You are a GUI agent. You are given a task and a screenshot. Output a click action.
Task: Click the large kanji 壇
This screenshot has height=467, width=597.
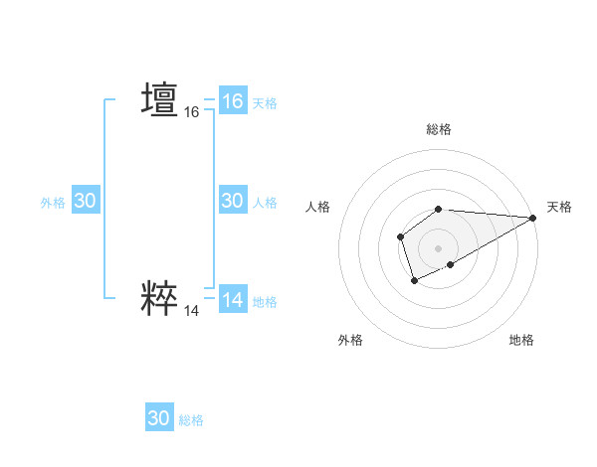tap(159, 99)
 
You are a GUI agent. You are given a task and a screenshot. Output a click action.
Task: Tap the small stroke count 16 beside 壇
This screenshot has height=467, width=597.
tap(191, 113)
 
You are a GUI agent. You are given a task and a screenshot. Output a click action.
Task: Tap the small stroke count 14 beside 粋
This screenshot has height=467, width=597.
tap(191, 311)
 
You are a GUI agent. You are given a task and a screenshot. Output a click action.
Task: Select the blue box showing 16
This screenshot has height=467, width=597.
tap(232, 101)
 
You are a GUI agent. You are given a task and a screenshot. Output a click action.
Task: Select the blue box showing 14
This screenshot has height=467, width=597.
tap(232, 300)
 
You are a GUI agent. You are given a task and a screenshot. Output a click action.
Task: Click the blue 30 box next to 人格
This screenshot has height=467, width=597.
tap(232, 201)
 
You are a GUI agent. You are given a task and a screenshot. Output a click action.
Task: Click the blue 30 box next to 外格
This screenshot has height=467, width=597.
tap(85, 201)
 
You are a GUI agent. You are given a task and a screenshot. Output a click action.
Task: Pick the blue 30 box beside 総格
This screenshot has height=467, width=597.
tap(158, 418)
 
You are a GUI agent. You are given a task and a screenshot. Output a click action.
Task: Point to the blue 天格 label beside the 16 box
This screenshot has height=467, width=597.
tap(265, 103)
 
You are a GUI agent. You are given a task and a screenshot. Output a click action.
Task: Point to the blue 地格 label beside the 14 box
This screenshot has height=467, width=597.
tap(265, 302)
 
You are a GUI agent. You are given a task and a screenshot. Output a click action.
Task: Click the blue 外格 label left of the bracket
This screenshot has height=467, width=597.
tap(53, 203)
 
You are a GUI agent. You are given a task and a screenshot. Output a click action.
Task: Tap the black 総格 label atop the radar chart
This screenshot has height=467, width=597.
tap(439, 129)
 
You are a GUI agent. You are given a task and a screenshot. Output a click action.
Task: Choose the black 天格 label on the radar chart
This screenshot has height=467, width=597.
tap(559, 207)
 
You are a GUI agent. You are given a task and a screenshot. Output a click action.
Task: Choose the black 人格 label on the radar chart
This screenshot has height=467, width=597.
tap(318, 207)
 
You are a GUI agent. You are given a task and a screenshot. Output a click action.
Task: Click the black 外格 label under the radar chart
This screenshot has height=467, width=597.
tap(350, 340)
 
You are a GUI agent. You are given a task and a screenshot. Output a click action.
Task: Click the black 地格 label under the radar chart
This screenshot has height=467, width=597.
tap(521, 340)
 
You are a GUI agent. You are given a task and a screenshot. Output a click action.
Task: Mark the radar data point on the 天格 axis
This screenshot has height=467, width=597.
tap(533, 218)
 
